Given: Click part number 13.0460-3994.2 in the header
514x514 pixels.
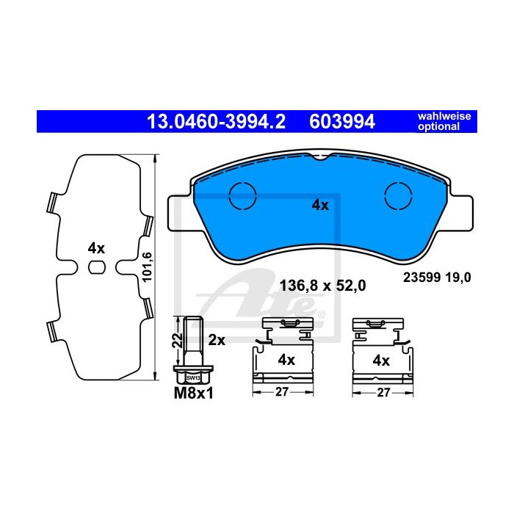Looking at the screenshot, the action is [x=216, y=122].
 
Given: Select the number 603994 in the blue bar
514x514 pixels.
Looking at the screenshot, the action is [x=342, y=122].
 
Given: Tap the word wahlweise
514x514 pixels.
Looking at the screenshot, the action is [x=444, y=116].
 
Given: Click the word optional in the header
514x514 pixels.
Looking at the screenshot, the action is [x=438, y=126].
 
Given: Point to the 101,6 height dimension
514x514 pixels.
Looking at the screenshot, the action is [x=147, y=267].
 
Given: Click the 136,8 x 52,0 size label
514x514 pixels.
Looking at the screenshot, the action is [x=322, y=286].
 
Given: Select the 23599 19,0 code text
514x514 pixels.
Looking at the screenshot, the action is [x=437, y=278].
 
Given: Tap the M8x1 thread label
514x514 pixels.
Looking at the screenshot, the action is [x=193, y=394].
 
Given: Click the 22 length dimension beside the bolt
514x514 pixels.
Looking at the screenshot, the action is [x=178, y=341].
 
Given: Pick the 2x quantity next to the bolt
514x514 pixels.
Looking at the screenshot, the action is [x=217, y=340].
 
